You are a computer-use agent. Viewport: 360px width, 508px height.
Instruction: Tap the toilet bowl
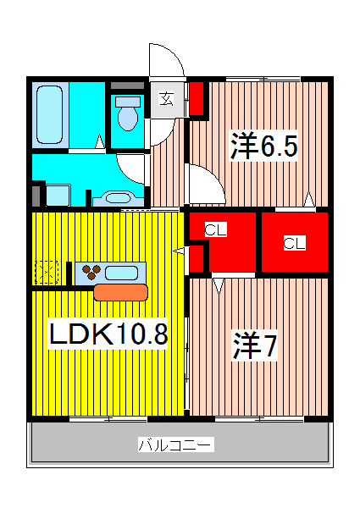click(x=128, y=117)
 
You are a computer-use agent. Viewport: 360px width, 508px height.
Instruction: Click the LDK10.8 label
click(x=108, y=334)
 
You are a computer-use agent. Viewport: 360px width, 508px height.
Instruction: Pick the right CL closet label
click(x=293, y=244)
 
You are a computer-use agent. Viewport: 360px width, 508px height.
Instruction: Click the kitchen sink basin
click(x=124, y=273)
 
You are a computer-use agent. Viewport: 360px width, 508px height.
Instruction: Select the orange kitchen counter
click(x=120, y=292)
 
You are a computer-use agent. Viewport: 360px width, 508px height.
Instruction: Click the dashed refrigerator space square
click(x=47, y=273)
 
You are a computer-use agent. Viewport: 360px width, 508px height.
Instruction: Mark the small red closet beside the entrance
click(x=197, y=98)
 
